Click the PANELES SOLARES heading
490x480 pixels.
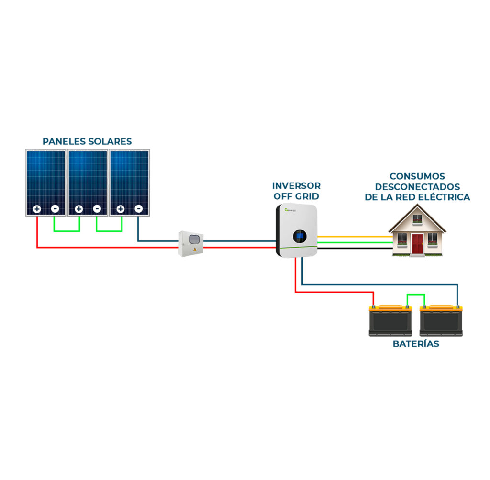(x=87, y=141)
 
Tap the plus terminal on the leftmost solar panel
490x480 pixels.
(x=37, y=209)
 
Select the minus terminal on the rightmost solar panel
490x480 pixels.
(x=138, y=209)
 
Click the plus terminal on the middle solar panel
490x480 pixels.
(x=78, y=209)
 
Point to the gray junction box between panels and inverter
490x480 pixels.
(x=191, y=244)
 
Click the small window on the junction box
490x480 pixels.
(x=193, y=240)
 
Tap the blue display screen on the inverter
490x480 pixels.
(x=300, y=235)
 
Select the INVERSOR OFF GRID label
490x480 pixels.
(x=296, y=191)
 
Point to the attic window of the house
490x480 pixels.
(x=417, y=219)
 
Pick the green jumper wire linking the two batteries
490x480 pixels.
(x=415, y=295)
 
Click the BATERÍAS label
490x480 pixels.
(x=416, y=344)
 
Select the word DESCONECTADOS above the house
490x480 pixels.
(x=417, y=187)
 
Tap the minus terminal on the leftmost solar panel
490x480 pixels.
(x=55, y=209)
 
